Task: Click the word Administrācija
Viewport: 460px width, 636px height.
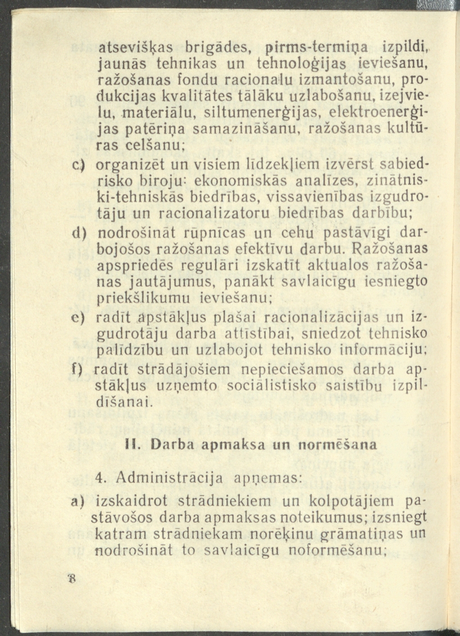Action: [169, 478]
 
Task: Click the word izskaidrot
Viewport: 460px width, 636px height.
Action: [133, 500]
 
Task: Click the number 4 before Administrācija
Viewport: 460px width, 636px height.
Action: [101, 478]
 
